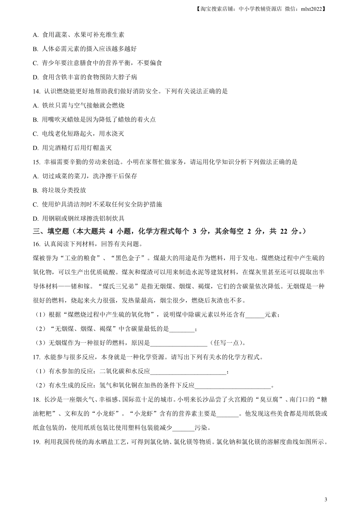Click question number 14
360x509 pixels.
(36, 91)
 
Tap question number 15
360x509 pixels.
(36, 162)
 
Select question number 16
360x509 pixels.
(36, 244)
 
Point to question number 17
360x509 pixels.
(36, 357)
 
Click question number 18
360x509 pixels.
(36, 400)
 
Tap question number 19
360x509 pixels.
(36, 442)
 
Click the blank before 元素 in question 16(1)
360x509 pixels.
(255, 315)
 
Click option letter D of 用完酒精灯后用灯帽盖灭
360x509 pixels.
(36, 148)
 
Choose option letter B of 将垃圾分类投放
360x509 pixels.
(36, 190)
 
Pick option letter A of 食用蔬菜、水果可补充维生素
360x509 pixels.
(36, 35)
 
